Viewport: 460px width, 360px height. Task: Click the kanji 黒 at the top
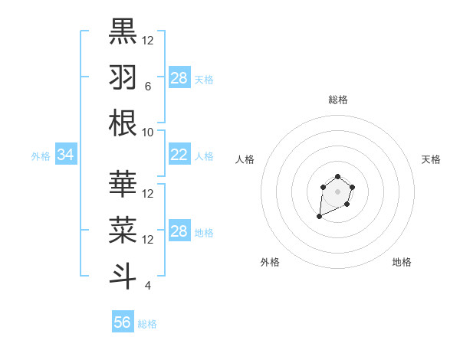tap(123, 31)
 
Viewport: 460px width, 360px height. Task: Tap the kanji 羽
tap(123, 77)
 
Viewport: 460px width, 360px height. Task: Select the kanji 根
tap(123, 123)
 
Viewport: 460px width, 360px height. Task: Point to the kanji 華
tap(123, 183)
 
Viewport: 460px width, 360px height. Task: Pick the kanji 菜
tap(123, 229)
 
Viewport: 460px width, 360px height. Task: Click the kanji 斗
tap(123, 275)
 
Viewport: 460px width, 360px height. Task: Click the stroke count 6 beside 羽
tap(147, 87)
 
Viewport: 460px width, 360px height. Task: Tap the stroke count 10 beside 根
tap(147, 133)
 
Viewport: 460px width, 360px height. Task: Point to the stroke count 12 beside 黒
tap(148, 41)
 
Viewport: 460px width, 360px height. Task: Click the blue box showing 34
tap(65, 155)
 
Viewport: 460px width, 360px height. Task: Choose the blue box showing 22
tap(179, 155)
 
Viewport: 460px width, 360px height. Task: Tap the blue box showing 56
tap(122, 322)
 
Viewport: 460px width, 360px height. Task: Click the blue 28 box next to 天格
tap(179, 77)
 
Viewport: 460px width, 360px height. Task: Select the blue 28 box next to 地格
tap(179, 232)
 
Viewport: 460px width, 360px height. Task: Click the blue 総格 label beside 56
tap(147, 324)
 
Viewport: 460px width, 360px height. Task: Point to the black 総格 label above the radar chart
tap(337, 100)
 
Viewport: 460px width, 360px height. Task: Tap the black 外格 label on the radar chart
tap(270, 262)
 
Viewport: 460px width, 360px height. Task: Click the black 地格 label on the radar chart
tap(402, 262)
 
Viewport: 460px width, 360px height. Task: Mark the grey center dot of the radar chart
tap(337, 191)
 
